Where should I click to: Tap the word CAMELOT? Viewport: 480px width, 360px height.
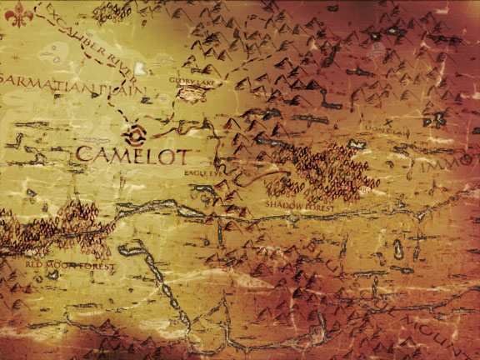[x=132, y=153]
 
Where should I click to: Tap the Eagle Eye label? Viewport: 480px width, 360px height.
[x=202, y=172]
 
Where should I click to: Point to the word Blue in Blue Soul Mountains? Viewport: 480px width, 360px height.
[x=324, y=260]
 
